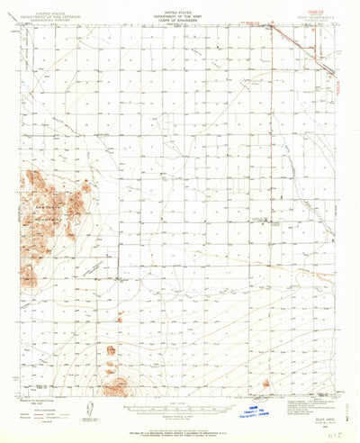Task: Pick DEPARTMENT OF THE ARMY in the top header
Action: pos(180,15)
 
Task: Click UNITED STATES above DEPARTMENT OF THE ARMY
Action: pos(180,11)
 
